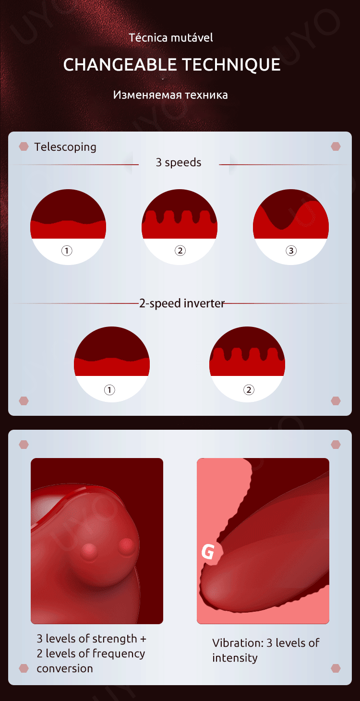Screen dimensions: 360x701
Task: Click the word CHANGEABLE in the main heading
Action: click(120, 64)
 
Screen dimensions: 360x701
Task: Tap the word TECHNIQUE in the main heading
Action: click(231, 65)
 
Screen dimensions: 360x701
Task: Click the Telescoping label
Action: click(65, 147)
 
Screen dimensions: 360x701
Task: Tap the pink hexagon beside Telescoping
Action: click(24, 146)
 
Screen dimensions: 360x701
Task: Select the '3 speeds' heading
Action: click(178, 162)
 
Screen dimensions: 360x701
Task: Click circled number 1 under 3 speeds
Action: click(67, 251)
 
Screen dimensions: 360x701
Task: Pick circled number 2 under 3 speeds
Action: click(180, 251)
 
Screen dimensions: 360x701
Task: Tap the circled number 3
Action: click(291, 251)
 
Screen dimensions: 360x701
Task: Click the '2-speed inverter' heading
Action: click(182, 303)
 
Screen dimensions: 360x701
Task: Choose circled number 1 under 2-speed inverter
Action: click(109, 390)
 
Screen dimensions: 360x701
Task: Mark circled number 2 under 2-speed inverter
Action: click(249, 390)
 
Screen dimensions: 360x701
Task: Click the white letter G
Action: click(208, 551)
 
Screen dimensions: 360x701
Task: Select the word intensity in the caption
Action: click(235, 658)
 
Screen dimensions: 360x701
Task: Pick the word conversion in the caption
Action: click(65, 668)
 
